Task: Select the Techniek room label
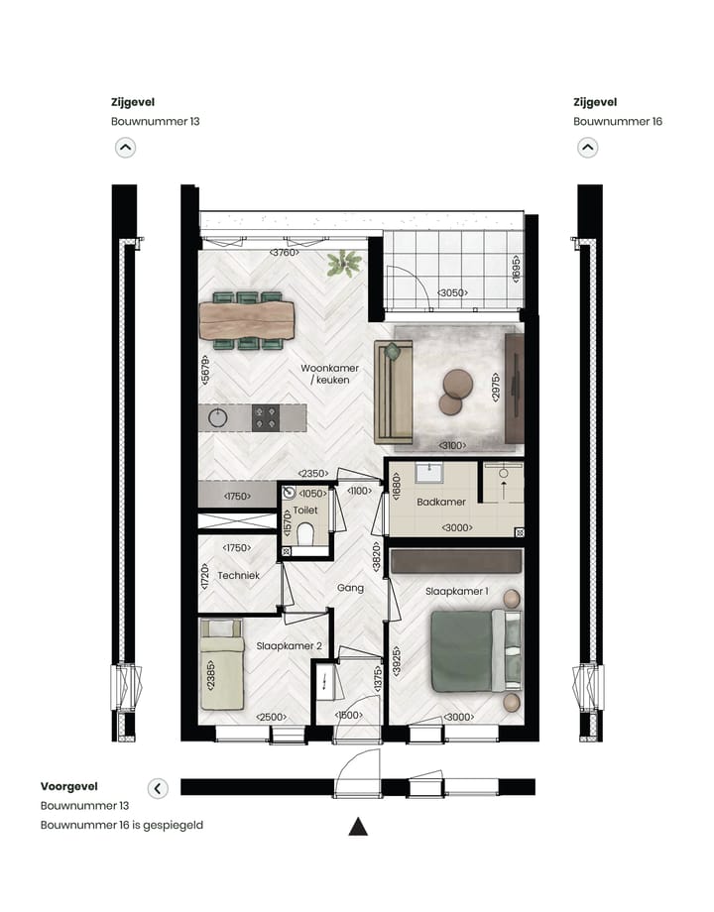coord(239,575)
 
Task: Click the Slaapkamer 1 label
coord(457,591)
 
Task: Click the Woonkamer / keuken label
coord(330,374)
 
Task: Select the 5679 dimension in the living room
coord(206,371)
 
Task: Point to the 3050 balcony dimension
coord(452,292)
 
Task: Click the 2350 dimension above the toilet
coord(315,475)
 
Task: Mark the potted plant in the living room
coord(345,264)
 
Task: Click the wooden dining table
coord(247,319)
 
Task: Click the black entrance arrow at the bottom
coord(358,827)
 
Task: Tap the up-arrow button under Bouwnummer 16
coord(588,148)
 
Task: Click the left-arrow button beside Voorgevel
coord(158,788)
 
